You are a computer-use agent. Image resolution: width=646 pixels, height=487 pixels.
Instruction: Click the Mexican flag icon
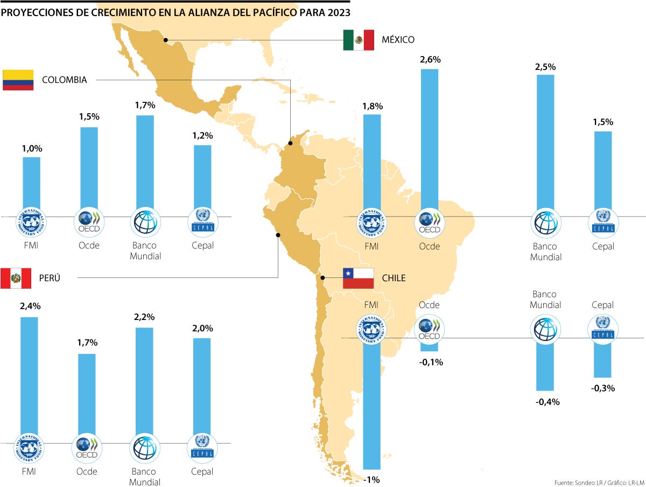click(x=359, y=40)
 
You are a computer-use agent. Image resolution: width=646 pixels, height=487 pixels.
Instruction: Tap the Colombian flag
click(x=18, y=80)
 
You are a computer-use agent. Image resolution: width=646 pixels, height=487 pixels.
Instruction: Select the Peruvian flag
click(x=16, y=279)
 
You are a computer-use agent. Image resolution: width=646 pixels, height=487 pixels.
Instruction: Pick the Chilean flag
click(x=359, y=278)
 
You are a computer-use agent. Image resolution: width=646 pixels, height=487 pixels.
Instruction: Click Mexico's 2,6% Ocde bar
click(x=430, y=140)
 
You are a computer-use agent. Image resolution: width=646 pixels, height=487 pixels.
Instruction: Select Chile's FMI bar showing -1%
click(x=372, y=404)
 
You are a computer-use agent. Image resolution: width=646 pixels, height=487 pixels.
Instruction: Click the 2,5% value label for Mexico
click(x=545, y=67)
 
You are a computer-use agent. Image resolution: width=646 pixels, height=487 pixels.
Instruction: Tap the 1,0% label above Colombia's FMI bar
click(x=32, y=149)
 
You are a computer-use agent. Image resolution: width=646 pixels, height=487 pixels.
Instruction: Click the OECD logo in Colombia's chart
click(x=89, y=221)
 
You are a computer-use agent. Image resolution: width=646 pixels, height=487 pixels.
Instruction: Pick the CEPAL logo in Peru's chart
click(x=203, y=447)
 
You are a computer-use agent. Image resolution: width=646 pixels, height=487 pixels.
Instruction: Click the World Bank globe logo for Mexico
click(x=546, y=222)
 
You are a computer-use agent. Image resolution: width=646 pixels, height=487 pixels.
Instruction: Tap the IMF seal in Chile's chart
click(x=371, y=330)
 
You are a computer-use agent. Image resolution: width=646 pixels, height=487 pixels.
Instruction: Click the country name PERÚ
click(x=50, y=279)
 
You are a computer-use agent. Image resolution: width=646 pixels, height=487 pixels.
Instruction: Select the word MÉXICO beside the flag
click(x=398, y=40)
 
